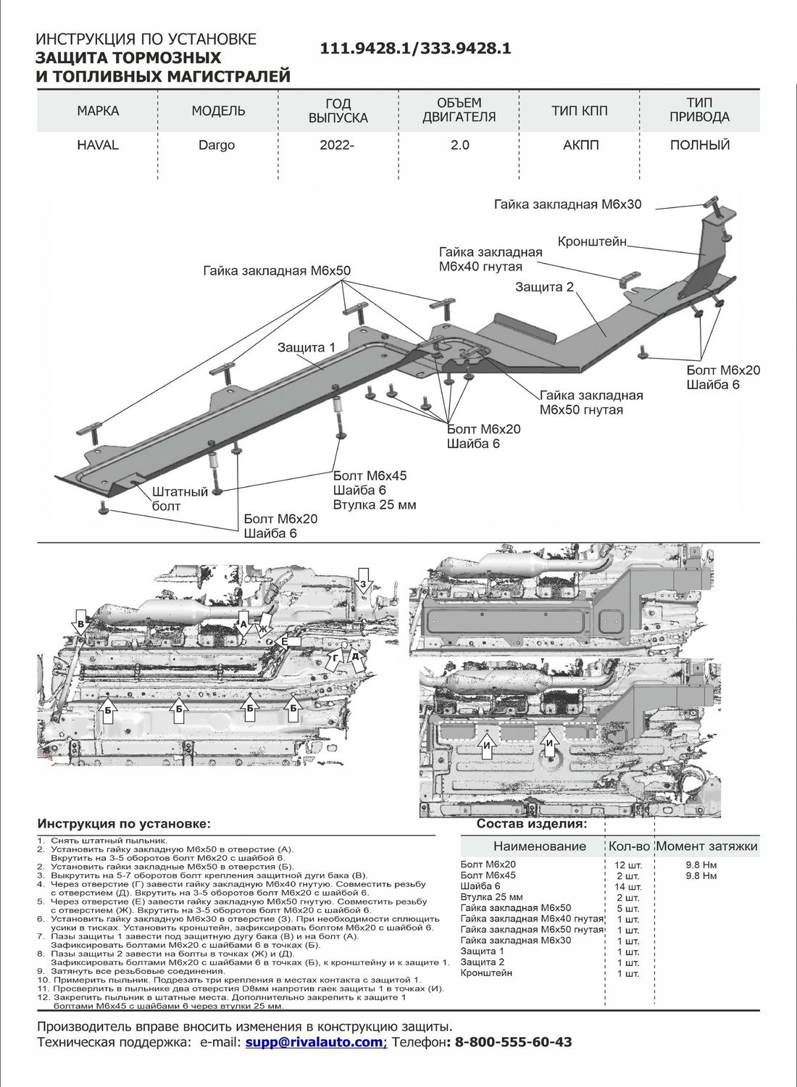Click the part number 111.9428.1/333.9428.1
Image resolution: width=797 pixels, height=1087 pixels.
[415, 49]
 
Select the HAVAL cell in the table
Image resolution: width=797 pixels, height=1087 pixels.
[98, 145]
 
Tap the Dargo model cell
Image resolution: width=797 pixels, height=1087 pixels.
[217, 145]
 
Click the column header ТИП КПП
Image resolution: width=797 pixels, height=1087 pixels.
[580, 111]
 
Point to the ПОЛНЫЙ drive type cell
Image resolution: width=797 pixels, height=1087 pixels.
[700, 145]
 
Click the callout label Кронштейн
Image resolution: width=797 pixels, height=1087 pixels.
[592, 241]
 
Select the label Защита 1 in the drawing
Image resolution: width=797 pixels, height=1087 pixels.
[306, 348]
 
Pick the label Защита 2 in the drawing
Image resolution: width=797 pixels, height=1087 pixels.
[544, 287]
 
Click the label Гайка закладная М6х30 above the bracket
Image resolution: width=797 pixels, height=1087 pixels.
[568, 204]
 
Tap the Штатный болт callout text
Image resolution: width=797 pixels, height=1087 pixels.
[179, 499]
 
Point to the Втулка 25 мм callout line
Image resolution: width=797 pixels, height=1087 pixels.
[375, 504]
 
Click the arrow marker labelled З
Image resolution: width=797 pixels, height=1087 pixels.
[364, 582]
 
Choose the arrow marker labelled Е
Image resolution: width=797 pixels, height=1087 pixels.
[285, 641]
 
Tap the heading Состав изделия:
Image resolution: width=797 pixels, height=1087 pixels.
[532, 824]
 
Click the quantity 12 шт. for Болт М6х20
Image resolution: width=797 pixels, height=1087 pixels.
[627, 865]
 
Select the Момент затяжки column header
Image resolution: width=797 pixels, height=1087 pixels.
[706, 846]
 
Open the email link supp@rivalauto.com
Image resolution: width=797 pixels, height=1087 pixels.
[314, 1042]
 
